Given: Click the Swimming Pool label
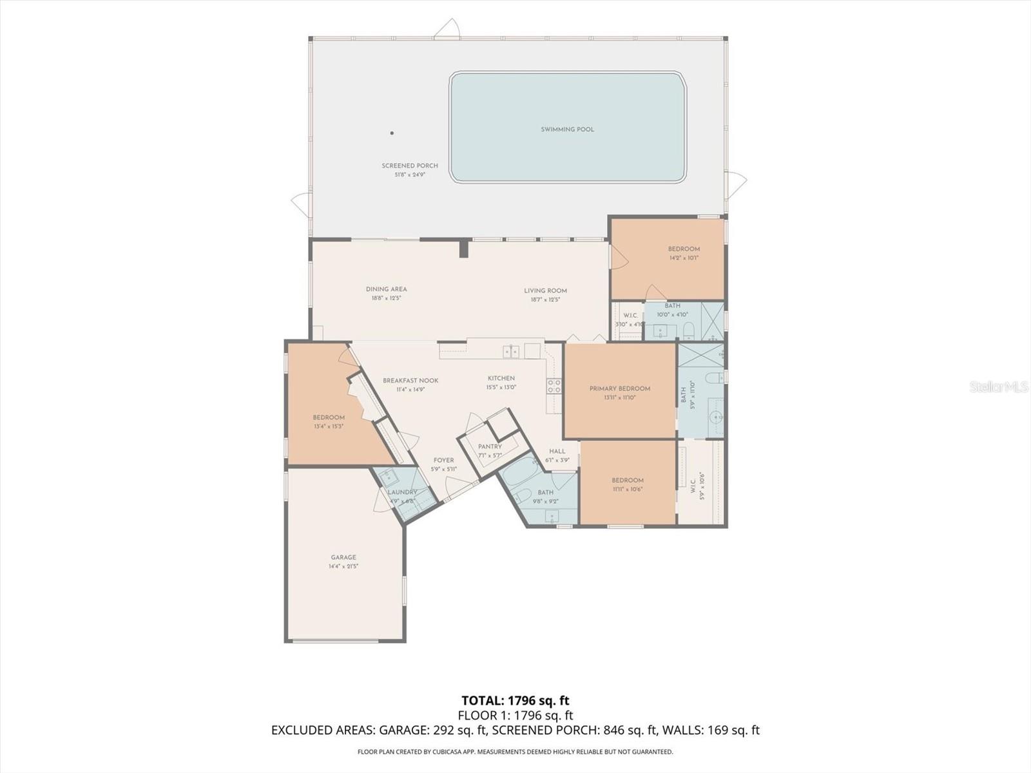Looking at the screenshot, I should (567, 129).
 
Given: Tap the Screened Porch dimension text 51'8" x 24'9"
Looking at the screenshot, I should (410, 175).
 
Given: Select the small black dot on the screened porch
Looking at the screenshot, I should (392, 133).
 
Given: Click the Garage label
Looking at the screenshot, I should (343, 557).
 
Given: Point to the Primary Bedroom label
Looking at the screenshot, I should (619, 388).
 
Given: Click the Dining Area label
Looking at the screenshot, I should (386, 289).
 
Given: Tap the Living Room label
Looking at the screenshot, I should (545, 291).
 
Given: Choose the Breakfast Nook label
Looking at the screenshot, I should (410, 381).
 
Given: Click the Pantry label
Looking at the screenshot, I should (490, 446).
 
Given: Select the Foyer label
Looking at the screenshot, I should (443, 460).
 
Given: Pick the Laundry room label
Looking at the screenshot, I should (402, 492).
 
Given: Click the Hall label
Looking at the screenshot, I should (557, 451).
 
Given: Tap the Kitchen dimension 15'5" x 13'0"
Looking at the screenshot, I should (501, 387).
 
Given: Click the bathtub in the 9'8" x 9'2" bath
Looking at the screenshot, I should (519, 476).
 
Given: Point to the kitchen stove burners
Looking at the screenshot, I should (554, 386).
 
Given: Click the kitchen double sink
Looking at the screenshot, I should (511, 351).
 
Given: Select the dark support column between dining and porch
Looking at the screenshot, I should (463, 249).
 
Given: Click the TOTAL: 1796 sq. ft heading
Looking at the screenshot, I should (515, 700).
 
